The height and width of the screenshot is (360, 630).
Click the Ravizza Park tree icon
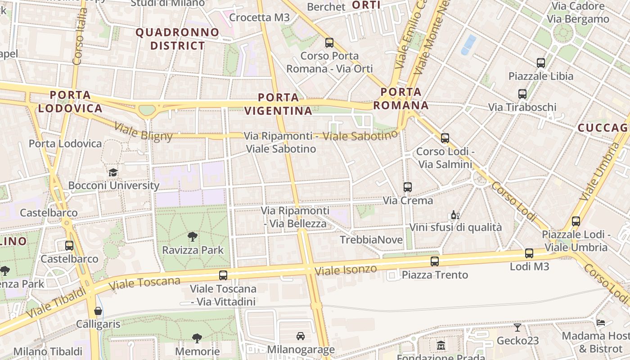pos(193,236)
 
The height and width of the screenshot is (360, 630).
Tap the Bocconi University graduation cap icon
pos(113,172)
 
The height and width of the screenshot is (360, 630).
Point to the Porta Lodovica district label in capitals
pos(70,101)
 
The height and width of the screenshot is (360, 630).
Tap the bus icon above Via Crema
pos(408,187)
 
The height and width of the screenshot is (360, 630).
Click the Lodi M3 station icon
pos(529,253)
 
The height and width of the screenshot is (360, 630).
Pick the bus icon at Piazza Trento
pos(435,261)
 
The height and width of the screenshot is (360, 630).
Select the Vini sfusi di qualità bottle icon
pos(455,215)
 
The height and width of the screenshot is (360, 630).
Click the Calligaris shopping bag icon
pos(98,311)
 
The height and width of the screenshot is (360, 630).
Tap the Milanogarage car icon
pos(301,336)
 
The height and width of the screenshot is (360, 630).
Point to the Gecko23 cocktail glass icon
pos(517,328)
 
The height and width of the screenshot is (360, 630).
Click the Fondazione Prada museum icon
pos(441,346)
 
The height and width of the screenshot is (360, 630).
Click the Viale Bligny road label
pos(143,131)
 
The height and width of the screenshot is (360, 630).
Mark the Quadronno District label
pos(177,39)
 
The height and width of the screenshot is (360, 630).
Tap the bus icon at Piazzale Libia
pos(541,63)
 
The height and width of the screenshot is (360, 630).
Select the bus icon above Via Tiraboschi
pos(522,94)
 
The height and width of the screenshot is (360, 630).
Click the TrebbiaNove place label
pos(371,240)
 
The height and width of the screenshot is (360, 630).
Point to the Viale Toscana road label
pos(144,283)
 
